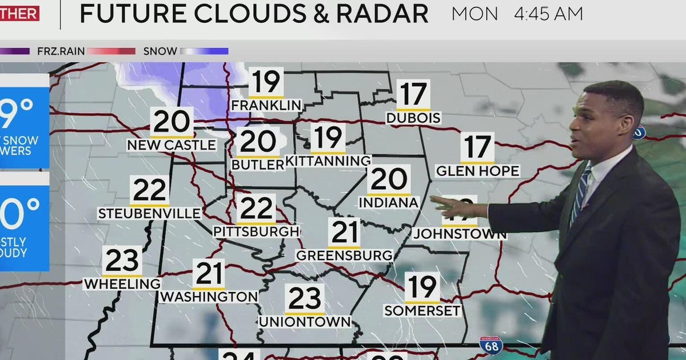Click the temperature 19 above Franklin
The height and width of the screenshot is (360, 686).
tap(266, 82)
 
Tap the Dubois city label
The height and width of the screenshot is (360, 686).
tap(413, 118)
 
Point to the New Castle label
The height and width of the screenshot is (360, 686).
tap(171, 145)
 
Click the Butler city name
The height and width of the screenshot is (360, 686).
tap(258, 165)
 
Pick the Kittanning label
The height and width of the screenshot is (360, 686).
tap(328, 161)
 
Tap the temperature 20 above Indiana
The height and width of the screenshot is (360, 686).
tap(389, 180)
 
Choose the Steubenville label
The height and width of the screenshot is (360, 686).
tap(149, 214)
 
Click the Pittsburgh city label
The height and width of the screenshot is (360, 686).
tap(256, 231)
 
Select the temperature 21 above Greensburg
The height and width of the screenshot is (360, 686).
tap(345, 233)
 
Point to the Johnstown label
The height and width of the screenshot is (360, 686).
tap(460, 234)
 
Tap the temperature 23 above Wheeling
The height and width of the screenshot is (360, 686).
tap(123, 262)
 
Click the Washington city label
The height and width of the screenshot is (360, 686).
tap(209, 297)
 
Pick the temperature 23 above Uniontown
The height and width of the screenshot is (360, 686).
tap(305, 299)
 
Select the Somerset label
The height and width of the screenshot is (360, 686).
tap(422, 311)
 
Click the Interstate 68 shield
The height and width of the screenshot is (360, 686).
tap(490, 345)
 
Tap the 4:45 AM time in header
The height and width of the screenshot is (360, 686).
tap(548, 14)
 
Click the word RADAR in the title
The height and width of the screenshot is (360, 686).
tap(384, 14)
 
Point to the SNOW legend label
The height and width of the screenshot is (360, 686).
tap(160, 51)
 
